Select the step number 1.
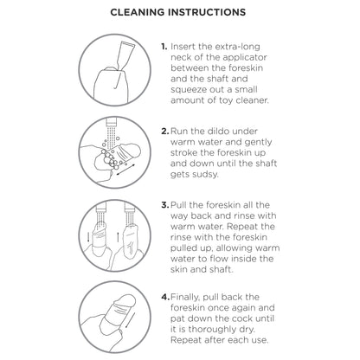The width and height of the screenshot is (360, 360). pos(164,47)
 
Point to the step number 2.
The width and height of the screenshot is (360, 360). pos(165,132)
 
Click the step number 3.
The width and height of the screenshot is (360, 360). pos(165,205)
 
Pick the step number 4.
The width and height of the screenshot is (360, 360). pos(165,297)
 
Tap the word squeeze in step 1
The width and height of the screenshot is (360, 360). pos(189,90)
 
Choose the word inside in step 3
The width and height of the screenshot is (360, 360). pos(241,259)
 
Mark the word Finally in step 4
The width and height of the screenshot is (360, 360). pos(185,298)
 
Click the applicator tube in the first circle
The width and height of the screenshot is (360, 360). pos(124,55)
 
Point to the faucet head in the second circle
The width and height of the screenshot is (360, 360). pos(111,122)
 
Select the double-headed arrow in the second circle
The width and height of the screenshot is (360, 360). pos(125,170)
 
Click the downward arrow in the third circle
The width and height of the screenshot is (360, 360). pos(88,236)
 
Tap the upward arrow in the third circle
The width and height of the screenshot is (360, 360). pos(118,237)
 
